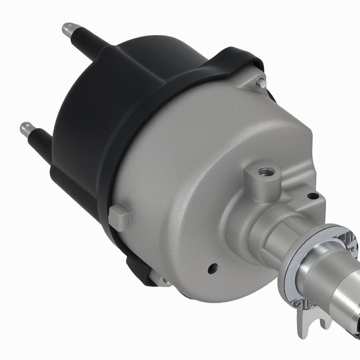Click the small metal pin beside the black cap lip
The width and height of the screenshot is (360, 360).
(x=262, y=84)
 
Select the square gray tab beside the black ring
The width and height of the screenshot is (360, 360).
(x=119, y=217)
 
